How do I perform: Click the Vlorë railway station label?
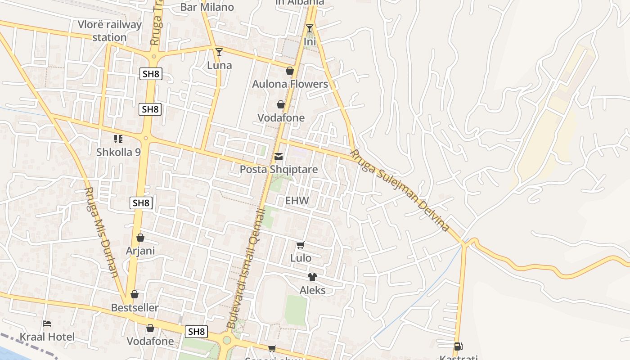[x=109, y=31]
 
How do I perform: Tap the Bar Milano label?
[x=207, y=7]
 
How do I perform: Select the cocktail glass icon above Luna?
[x=219, y=52]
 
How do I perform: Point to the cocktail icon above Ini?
[x=310, y=28]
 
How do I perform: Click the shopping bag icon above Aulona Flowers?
[x=290, y=71]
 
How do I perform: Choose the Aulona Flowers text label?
[x=290, y=84]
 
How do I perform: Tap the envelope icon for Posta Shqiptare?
[x=279, y=157]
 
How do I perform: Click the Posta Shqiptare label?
[x=279, y=170]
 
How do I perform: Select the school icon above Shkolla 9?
[x=118, y=139]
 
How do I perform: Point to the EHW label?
[x=298, y=201]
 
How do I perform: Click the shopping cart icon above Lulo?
[x=301, y=245]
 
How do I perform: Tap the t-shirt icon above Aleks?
[x=312, y=277]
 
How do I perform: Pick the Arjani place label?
[x=140, y=251]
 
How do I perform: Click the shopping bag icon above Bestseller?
[x=135, y=295]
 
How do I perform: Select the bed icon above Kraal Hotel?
[x=47, y=324]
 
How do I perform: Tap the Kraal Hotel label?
[x=47, y=337]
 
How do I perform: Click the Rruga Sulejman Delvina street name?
[x=400, y=191]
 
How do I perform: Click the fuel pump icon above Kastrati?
[x=458, y=346]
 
